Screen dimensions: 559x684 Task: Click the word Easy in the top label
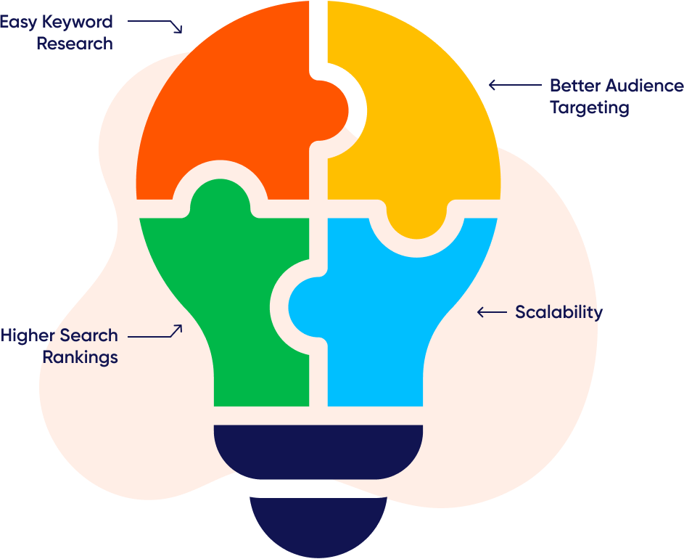[x=17, y=22]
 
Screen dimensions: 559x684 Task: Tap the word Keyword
[x=77, y=22]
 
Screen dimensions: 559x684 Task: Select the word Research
[x=75, y=44]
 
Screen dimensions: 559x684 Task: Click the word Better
[x=574, y=86]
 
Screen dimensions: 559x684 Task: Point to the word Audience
[x=644, y=86]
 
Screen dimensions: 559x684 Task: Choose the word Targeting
[x=589, y=108]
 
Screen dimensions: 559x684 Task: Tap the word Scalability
[x=559, y=312]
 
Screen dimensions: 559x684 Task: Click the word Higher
[x=28, y=335]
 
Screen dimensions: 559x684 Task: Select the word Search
[x=88, y=335]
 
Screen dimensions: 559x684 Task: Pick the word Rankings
[x=80, y=357]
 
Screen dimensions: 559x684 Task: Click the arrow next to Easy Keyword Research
[x=155, y=24]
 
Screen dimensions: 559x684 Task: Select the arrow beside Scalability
[x=492, y=312]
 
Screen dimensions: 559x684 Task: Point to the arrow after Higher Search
[x=155, y=334]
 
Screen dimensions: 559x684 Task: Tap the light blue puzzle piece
[x=392, y=319]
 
